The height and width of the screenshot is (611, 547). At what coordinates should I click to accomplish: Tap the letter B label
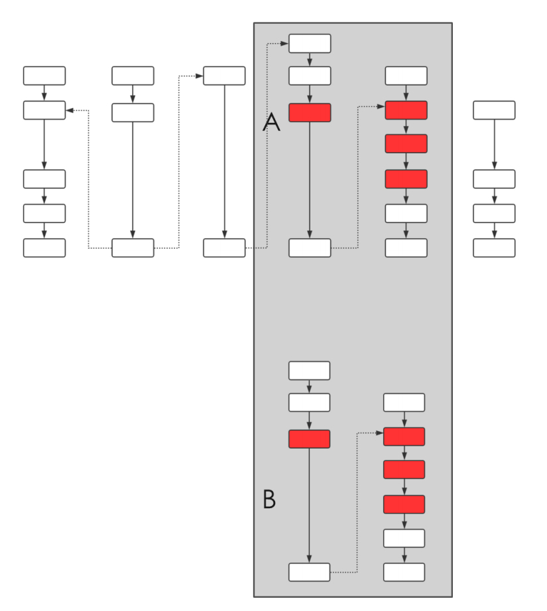pos(269,499)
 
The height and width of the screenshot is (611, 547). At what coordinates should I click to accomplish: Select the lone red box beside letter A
pos(310,113)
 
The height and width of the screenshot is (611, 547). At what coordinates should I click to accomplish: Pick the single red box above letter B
pos(309,439)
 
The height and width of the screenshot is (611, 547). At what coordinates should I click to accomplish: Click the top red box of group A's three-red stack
pos(406,110)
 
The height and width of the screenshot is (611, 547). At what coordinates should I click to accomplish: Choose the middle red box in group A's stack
pos(406,143)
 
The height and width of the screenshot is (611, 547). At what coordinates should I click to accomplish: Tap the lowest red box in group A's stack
pos(406,179)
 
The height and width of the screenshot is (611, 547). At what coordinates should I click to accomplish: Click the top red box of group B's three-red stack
pos(404,437)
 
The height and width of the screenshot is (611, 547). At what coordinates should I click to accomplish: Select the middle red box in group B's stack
pos(404,469)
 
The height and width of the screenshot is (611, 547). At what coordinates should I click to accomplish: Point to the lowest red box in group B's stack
pos(404,504)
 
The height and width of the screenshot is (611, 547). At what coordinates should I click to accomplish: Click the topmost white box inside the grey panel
pos(310,44)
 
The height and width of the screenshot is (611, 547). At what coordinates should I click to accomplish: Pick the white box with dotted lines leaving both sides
pos(133,247)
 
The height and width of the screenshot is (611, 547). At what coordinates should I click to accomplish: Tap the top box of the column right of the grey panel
pos(494,110)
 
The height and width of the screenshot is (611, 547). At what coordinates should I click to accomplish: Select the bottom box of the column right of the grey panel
pos(494,247)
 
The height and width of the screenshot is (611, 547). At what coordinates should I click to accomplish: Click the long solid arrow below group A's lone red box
pos(310,179)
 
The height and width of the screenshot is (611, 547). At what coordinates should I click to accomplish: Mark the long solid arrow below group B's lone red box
pos(309,504)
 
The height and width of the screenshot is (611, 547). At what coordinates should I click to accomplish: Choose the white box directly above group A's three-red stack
pos(406,76)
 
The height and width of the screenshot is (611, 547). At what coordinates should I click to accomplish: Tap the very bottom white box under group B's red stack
pos(404,572)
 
